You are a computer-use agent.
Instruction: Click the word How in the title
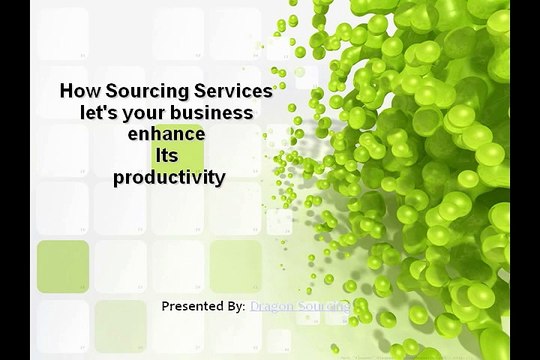[x=79, y=90]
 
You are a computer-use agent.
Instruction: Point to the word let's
[x=100, y=112]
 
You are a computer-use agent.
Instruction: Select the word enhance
[x=166, y=134]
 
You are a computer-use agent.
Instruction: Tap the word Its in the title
[x=166, y=156]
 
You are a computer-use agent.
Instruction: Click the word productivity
[x=169, y=179]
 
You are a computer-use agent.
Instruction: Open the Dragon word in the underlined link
[x=272, y=305]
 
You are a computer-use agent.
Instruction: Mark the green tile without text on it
[x=63, y=265]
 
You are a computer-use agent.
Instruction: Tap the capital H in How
[x=67, y=90]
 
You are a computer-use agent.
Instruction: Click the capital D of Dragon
[x=255, y=305]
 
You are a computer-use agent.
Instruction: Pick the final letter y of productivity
[x=220, y=181]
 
